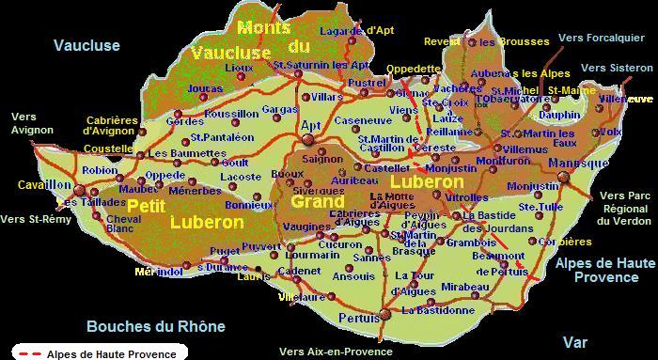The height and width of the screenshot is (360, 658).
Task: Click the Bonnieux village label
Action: [250, 204]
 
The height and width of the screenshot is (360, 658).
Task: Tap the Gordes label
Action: [184, 121]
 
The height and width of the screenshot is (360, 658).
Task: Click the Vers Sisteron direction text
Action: [616, 68]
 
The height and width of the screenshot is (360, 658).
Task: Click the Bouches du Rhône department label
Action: [156, 327]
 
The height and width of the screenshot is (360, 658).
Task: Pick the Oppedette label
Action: [413, 69]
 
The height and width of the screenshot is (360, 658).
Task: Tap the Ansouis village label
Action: [353, 276]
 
